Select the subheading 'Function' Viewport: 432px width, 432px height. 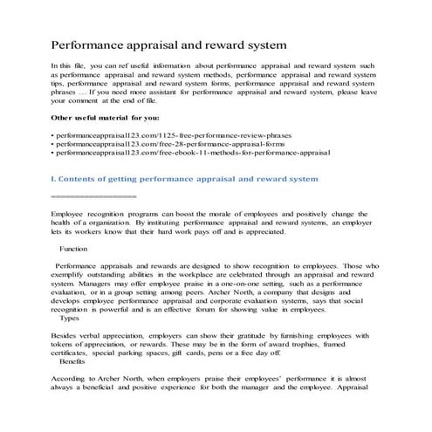tap(73, 249)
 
